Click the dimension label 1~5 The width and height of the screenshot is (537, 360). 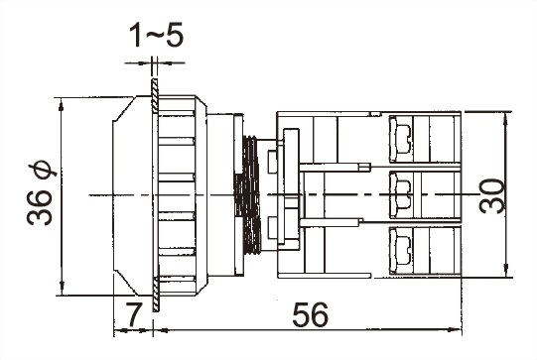point(156,35)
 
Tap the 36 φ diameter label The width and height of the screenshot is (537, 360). point(41,193)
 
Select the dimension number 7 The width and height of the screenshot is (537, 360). point(133,314)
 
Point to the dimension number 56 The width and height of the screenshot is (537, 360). point(311,314)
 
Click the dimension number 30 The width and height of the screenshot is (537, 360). point(491,195)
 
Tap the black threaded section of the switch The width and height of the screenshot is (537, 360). point(249,194)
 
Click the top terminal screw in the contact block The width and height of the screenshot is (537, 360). point(399,139)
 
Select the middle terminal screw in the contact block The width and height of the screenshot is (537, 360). point(399,195)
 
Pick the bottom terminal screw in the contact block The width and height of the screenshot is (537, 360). point(399,251)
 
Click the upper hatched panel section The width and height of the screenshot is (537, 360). point(155,96)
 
